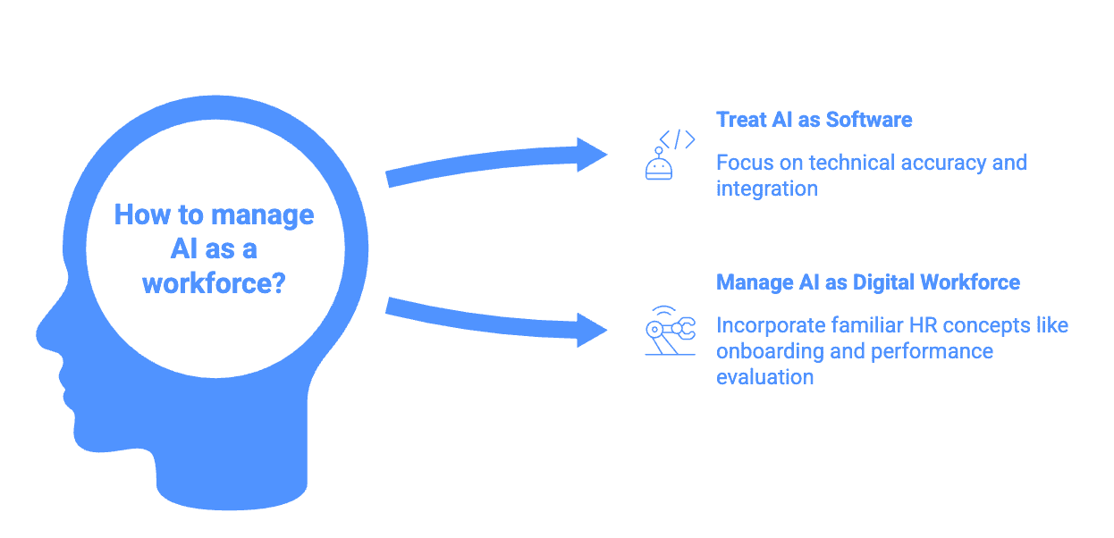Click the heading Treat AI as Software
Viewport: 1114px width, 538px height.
[x=814, y=120]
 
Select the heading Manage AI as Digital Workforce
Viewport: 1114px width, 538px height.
[x=867, y=282]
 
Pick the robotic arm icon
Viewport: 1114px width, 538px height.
[x=669, y=330]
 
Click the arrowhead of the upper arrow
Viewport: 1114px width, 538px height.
[x=591, y=155]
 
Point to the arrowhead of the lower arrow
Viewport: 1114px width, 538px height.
[x=591, y=329]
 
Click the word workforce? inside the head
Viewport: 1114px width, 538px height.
[x=214, y=283]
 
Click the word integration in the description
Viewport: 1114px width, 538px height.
[x=766, y=189]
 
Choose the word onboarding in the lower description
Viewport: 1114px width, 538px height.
[x=770, y=350]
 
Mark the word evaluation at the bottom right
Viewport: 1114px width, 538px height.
[x=764, y=376]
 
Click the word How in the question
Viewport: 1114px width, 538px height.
[x=136, y=215]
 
